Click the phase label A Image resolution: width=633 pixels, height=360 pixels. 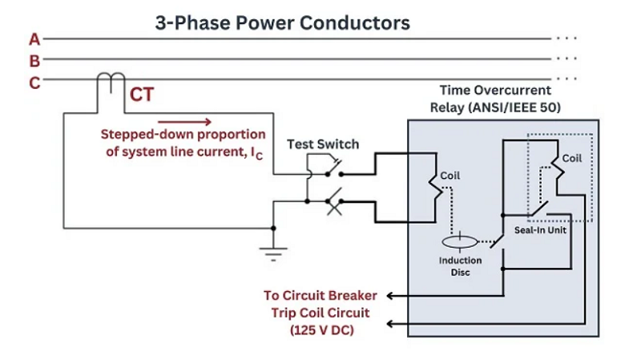point(34,38)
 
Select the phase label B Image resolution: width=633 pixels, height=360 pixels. point(34,60)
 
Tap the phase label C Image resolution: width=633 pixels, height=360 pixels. point(34,82)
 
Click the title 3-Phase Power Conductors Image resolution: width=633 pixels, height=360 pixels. point(282,22)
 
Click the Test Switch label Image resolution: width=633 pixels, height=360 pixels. point(323,144)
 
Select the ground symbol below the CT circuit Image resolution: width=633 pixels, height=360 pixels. point(274,253)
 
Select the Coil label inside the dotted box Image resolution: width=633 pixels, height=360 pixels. point(571,159)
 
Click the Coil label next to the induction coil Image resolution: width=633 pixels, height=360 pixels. point(450,176)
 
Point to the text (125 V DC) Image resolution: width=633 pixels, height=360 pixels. point(321,330)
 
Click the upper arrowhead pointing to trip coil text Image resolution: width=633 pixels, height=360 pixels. point(390,295)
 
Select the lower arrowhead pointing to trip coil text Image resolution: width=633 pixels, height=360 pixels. point(390,324)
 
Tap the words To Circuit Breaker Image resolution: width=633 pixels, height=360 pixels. point(321,295)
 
